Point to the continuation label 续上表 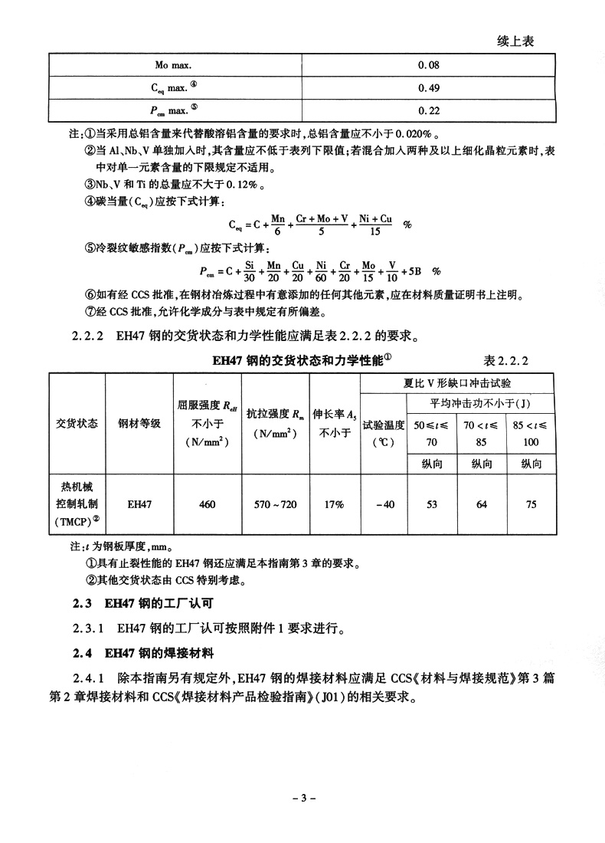point(514,41)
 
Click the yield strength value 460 point(207,504)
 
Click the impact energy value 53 point(432,504)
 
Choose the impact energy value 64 point(482,504)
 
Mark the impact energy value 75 point(531,504)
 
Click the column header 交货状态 point(77,423)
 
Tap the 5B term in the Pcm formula point(416,271)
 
